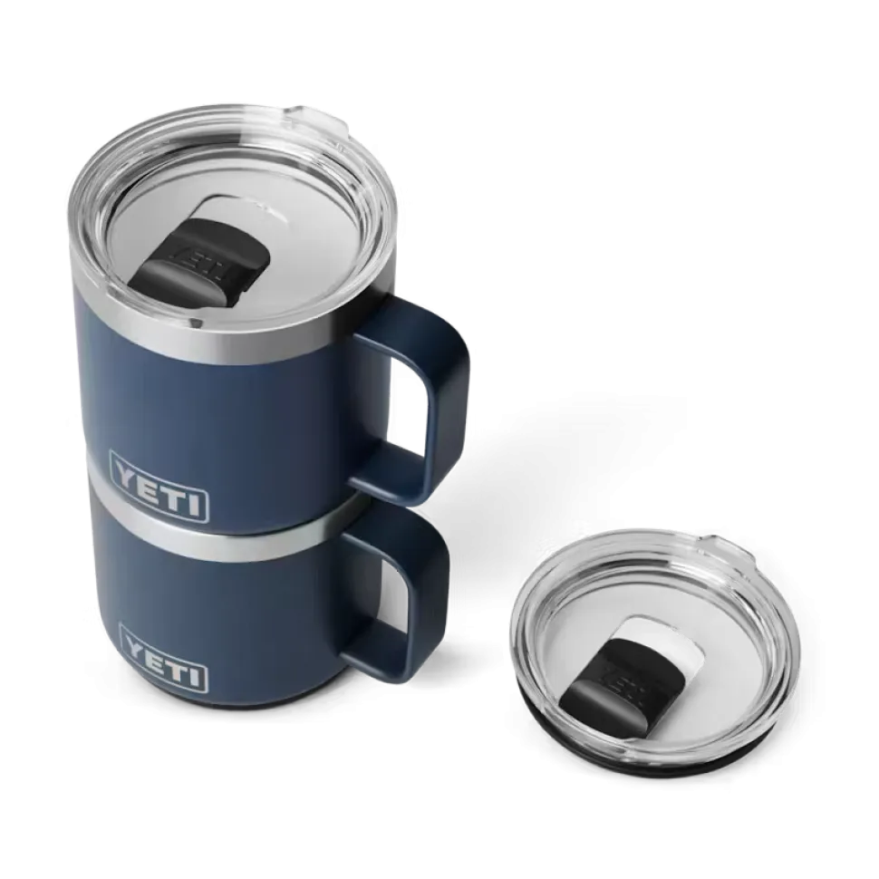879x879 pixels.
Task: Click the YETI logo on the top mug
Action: [160, 488]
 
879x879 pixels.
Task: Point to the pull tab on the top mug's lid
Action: [317, 118]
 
